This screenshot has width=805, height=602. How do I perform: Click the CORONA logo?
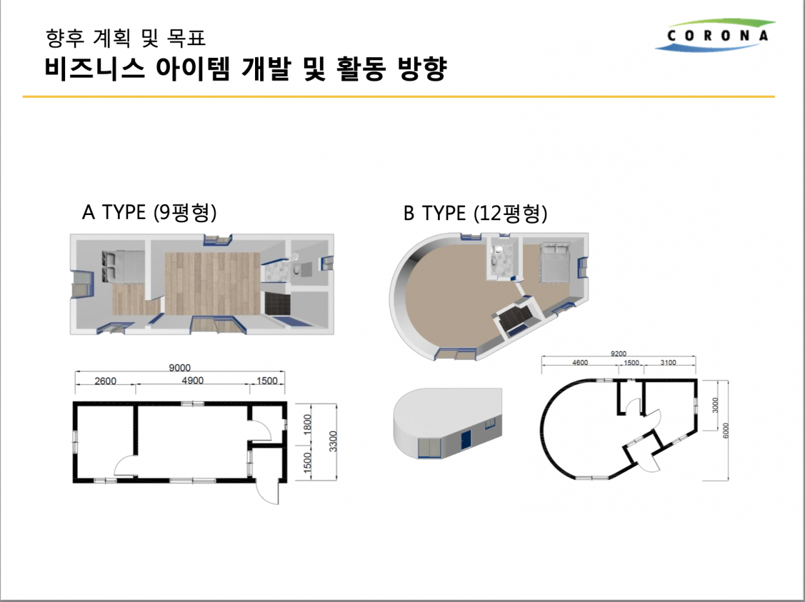714,35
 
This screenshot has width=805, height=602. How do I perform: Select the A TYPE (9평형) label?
149,212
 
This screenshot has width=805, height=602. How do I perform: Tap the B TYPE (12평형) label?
475,213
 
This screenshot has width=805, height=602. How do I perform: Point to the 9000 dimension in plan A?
180,368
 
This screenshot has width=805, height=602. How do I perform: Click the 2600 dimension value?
105,381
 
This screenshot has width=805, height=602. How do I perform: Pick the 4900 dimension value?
193,381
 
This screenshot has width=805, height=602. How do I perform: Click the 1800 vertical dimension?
307,424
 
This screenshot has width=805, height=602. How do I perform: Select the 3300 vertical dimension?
333,442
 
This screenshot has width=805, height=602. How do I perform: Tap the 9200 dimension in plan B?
618,353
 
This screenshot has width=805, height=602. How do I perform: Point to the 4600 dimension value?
580,362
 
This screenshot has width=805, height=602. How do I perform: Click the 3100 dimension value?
668,362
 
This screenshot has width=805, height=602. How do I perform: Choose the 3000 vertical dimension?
715,405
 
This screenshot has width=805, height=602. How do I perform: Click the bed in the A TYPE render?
122,267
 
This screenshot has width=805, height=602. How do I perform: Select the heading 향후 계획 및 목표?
126,39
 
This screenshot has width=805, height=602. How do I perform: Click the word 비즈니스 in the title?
95,68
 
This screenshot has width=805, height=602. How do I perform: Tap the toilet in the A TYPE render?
296,270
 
